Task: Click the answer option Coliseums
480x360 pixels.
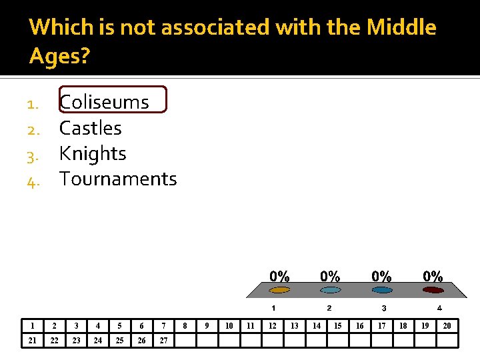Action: (x=104, y=102)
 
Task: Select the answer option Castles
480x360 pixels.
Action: (x=91, y=128)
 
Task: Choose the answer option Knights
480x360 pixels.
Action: (x=93, y=153)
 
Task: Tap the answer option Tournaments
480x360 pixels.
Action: (x=118, y=179)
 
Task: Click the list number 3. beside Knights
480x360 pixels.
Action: (x=35, y=155)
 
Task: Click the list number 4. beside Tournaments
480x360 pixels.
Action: (x=35, y=181)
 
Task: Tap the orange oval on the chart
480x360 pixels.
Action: (x=279, y=290)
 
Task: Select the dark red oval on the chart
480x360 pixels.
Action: (x=433, y=290)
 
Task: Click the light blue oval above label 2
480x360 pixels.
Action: (x=330, y=290)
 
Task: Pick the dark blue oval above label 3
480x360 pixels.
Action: (x=381, y=290)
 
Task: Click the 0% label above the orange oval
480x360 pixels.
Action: (x=279, y=276)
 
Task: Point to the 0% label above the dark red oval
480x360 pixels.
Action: (x=433, y=276)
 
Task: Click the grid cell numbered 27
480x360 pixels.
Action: (x=163, y=341)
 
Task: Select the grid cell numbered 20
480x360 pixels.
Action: (x=447, y=326)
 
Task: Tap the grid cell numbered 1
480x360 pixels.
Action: (x=32, y=326)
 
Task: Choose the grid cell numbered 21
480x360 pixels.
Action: (x=32, y=341)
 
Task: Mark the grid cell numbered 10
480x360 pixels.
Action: (x=229, y=326)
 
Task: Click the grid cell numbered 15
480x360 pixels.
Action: (x=338, y=326)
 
